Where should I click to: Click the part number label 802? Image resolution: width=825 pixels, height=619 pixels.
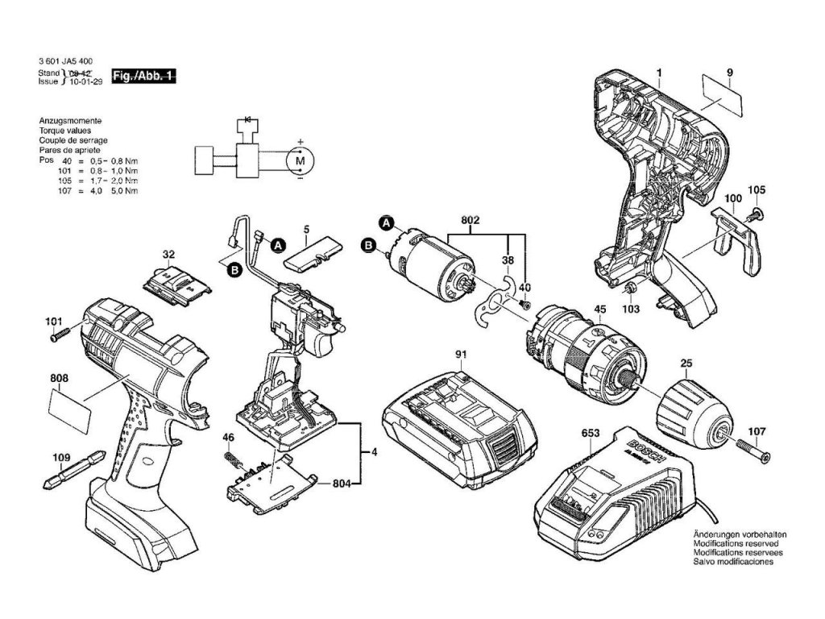471,219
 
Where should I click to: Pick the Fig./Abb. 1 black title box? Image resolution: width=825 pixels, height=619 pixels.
145,76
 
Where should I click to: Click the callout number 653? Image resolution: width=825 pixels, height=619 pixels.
590,434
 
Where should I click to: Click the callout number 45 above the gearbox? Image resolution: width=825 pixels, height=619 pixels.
599,309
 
